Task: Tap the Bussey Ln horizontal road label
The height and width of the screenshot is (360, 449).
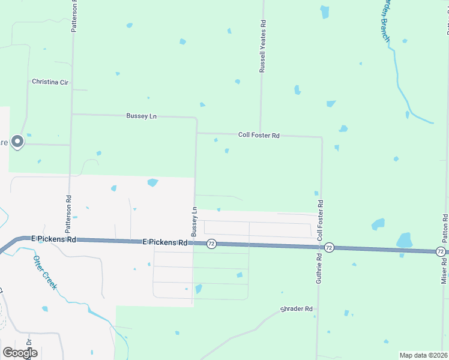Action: [141, 116]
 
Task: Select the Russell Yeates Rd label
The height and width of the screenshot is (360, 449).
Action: [262, 46]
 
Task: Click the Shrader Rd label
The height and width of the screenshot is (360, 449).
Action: [297, 310]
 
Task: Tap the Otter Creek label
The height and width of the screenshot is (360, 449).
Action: [45, 272]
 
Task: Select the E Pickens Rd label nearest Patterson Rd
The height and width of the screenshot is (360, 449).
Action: [54, 239]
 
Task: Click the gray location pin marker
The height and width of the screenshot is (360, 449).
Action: [17, 142]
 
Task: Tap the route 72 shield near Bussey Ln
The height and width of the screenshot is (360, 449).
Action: [211, 244]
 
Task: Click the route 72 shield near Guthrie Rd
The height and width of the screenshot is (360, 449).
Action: [329, 247]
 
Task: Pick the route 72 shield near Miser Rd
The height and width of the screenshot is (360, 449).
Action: [441, 251]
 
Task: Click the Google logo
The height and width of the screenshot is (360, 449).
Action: [20, 353]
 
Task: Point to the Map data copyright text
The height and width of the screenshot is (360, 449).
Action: [424, 355]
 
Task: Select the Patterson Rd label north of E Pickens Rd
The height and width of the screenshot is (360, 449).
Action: [69, 214]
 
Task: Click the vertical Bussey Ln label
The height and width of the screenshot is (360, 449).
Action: [194, 221]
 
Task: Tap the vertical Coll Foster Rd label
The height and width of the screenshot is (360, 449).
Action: [321, 221]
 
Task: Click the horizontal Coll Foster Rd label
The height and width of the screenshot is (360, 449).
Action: [259, 136]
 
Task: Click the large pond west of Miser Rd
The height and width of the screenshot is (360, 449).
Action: [405, 240]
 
